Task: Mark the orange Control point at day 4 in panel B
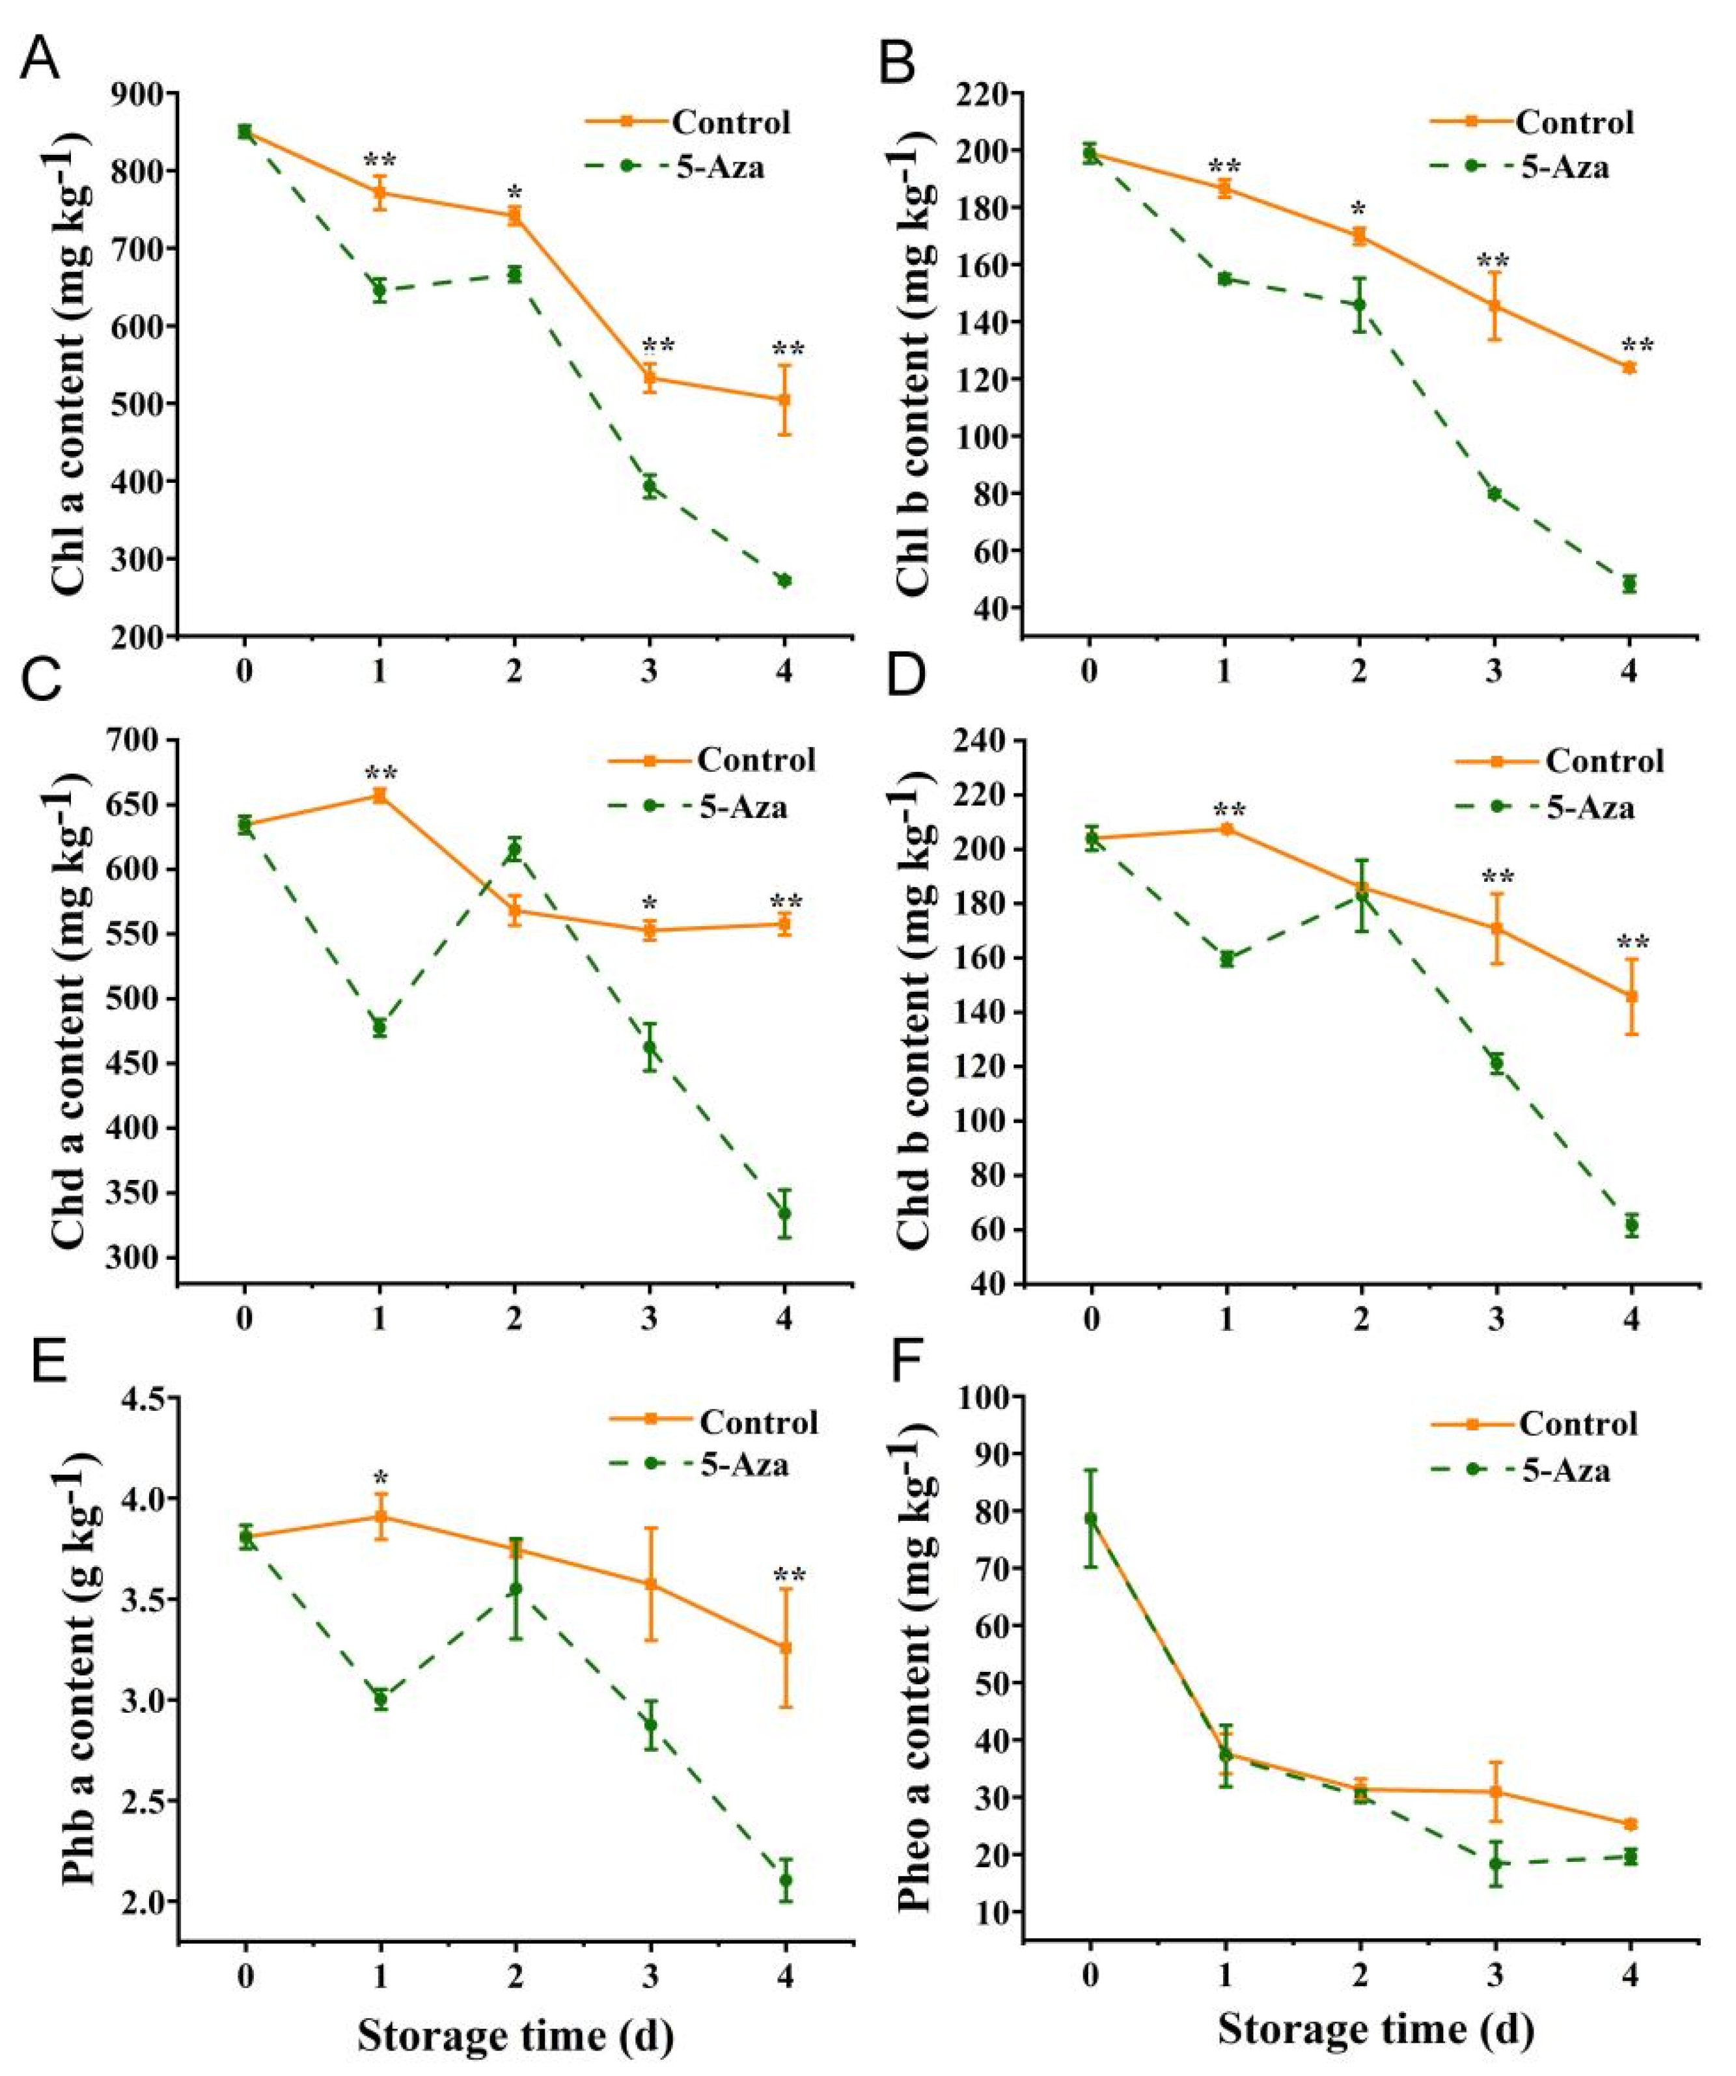click(1629, 368)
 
